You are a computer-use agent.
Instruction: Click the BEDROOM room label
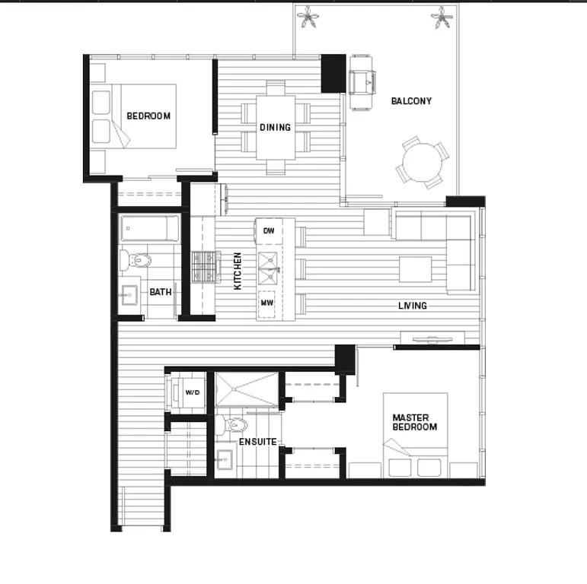148,116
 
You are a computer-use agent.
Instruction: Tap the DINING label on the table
275,127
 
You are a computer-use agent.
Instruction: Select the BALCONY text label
411,101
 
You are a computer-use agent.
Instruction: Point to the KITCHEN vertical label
238,271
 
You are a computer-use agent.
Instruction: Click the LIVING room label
413,306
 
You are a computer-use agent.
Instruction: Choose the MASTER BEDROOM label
414,422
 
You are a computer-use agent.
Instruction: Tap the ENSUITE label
257,442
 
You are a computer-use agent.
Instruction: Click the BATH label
161,291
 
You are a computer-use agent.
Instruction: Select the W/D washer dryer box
193,392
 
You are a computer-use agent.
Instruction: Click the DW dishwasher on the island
269,230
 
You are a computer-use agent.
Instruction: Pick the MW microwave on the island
268,302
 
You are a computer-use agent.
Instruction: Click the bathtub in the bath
150,229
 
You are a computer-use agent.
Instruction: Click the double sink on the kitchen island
269,263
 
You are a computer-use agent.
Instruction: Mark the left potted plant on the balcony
308,17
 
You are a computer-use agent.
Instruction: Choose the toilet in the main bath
137,259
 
